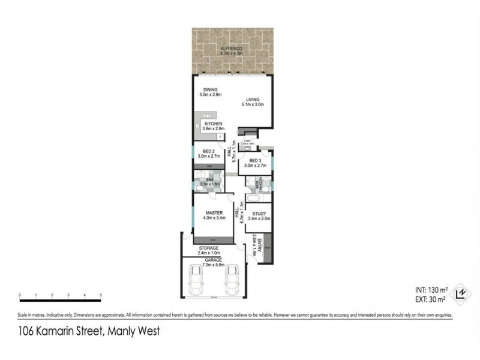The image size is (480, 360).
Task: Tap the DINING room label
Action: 210,90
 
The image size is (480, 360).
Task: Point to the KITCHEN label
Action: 212,124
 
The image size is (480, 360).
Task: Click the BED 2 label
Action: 209,151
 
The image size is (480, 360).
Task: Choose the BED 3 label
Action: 255,160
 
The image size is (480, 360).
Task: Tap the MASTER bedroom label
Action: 214,213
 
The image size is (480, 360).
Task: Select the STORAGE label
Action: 209,248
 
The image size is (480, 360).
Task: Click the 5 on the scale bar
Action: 101,295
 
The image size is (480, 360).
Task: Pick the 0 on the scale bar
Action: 20,295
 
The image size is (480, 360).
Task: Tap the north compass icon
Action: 460,292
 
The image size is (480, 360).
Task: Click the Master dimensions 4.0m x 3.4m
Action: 214,218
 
